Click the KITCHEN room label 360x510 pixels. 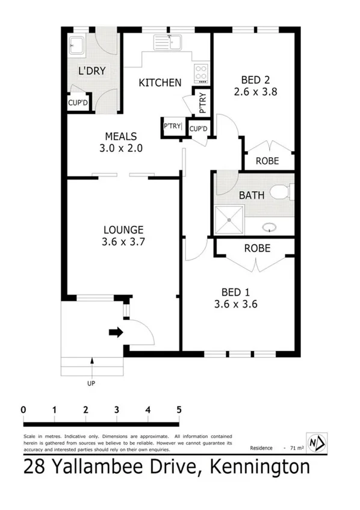pos(160,82)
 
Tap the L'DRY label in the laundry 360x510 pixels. pos(92,71)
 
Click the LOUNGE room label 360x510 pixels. pos(123,229)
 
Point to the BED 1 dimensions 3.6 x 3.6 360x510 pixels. pos(237,304)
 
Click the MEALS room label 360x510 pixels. pos(121,137)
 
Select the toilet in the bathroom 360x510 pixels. pos(280,192)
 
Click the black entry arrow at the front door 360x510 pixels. pos(116,332)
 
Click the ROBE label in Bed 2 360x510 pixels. pos(267,161)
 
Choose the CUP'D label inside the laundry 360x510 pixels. pos(78,103)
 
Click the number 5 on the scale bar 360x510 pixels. pos(179,410)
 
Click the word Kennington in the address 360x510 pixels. pos(259,467)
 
